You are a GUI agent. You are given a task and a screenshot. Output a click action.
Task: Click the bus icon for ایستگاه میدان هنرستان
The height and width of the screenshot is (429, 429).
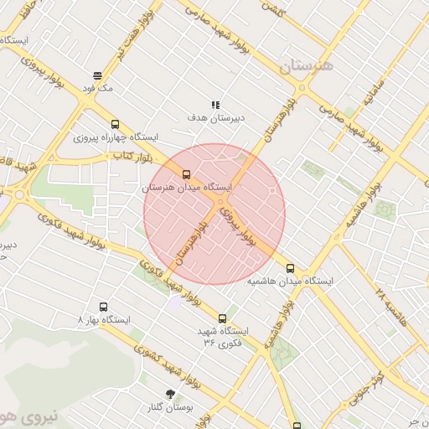coord(186,174)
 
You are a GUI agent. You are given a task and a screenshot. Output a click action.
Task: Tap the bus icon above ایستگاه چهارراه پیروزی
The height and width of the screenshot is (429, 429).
coord(115,124)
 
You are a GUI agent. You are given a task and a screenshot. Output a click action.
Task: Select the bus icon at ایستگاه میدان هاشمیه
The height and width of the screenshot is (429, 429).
coord(291,269)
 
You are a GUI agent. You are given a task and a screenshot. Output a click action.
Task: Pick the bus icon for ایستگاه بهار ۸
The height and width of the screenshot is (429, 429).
coord(104,307)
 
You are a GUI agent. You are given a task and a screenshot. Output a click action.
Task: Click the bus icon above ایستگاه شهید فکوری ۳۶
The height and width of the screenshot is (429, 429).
coord(222,318)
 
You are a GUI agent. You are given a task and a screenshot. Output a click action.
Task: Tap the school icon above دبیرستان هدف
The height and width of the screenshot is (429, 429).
coord(215,106)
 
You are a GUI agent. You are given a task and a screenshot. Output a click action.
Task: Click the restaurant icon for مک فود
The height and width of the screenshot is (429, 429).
coord(98,75)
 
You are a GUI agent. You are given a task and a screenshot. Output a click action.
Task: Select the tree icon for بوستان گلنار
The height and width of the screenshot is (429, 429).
coord(171,393)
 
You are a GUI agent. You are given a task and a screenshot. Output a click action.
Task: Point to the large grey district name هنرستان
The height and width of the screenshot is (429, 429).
coord(306,65)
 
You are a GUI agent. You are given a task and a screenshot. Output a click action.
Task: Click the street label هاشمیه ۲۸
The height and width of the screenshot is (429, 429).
coord(390,309)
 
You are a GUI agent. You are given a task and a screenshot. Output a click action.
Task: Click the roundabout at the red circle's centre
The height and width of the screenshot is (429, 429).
coord(220,203)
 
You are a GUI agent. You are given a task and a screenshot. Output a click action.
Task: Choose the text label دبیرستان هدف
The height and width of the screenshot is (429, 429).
coord(215,118)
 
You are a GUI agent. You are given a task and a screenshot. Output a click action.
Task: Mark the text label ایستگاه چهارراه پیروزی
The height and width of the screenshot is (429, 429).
coord(115,137)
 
